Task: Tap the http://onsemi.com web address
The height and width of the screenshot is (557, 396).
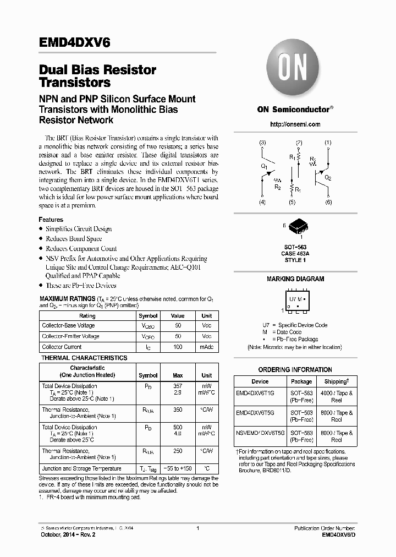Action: (x=295, y=124)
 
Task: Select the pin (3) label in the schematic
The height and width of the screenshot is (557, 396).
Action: (x=262, y=143)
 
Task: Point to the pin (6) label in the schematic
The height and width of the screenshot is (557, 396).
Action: (x=328, y=203)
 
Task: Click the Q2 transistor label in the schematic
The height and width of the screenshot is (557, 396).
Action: (x=328, y=178)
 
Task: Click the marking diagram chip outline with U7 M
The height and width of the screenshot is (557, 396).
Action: (x=296, y=301)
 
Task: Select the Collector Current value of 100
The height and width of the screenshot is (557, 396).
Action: (x=178, y=347)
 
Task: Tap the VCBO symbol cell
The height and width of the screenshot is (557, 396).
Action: (x=148, y=326)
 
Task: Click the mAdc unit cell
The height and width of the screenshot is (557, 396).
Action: (x=207, y=347)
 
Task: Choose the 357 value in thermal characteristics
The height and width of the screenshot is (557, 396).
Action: (x=178, y=386)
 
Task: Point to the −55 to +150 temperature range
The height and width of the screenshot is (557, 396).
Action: (x=178, y=469)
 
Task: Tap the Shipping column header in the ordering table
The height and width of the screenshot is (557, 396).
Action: (x=336, y=381)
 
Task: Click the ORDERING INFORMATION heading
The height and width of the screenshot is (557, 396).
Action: (x=295, y=370)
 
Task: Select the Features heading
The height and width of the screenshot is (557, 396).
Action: (x=51, y=220)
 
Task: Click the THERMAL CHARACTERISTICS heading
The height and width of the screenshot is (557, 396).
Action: (x=85, y=358)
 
